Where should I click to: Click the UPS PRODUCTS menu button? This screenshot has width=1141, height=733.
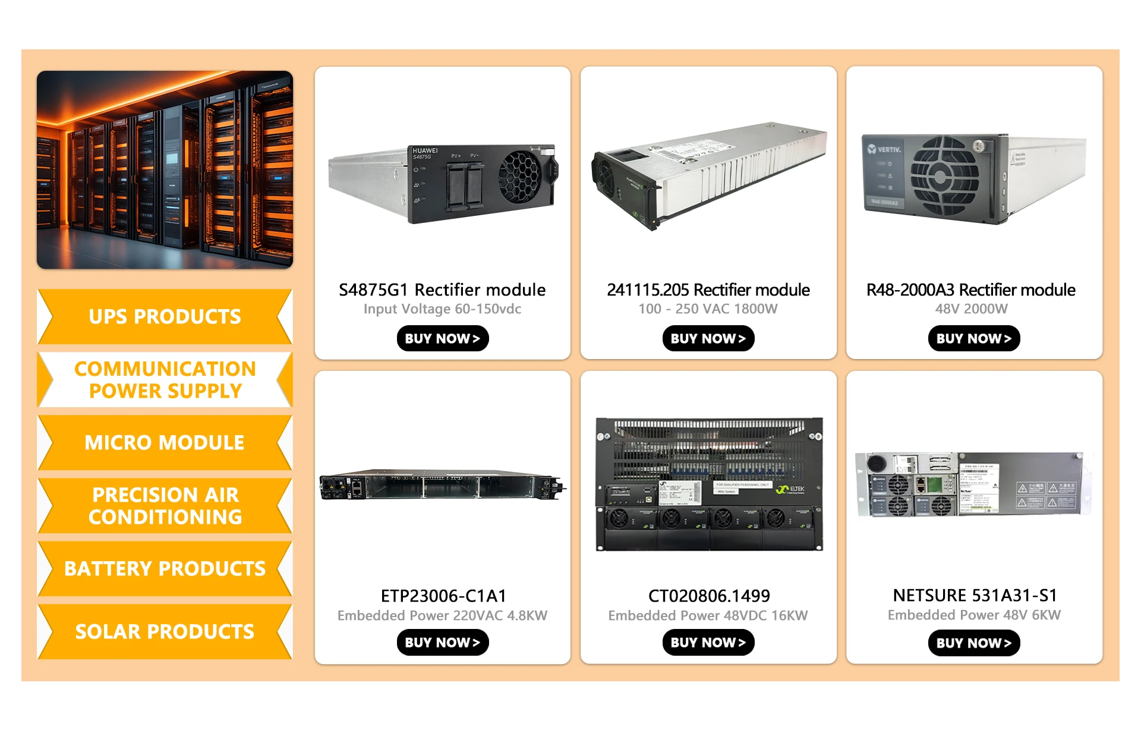(x=165, y=316)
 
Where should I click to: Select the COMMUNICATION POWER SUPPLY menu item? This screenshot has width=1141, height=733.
(x=165, y=380)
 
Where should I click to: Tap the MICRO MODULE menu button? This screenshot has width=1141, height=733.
(x=165, y=442)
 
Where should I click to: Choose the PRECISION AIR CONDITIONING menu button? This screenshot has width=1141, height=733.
(x=165, y=505)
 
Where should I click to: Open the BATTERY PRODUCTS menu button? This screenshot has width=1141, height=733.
(x=165, y=568)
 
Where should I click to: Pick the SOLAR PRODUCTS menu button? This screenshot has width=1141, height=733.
(x=165, y=631)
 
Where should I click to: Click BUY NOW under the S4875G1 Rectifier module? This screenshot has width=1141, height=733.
(x=442, y=338)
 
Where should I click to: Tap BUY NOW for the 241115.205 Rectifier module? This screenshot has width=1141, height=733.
(x=708, y=338)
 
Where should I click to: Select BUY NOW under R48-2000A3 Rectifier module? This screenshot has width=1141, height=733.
(x=973, y=338)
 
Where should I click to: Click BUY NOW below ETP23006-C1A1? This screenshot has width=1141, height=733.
(x=442, y=643)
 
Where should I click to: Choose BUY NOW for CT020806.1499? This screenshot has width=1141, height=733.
(x=708, y=643)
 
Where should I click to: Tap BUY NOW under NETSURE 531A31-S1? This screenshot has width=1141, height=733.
(x=973, y=643)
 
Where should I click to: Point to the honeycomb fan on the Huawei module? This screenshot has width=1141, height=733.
(x=519, y=176)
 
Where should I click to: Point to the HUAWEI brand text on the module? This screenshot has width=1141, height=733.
(x=425, y=150)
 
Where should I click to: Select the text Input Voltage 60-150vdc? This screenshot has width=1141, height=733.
(x=442, y=309)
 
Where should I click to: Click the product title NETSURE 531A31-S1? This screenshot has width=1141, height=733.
(x=975, y=595)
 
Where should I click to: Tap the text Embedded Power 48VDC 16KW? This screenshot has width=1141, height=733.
(x=708, y=615)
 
